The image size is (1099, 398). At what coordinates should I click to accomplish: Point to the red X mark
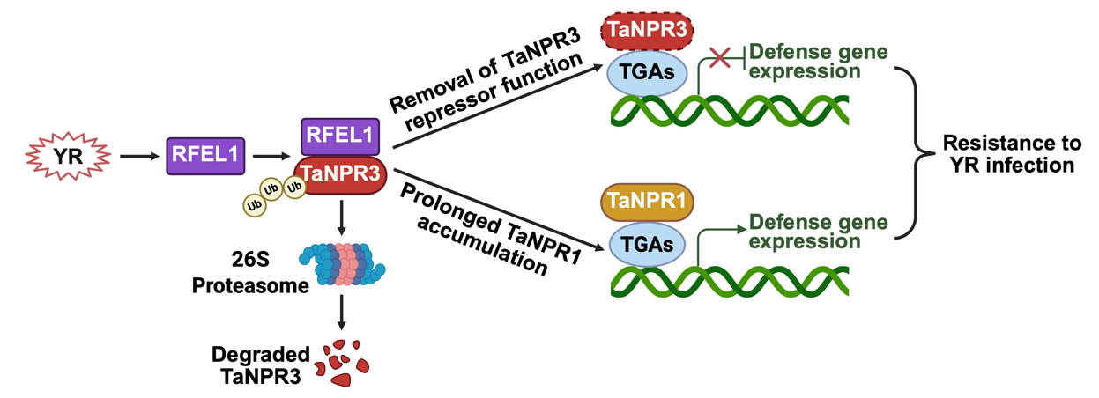(x=720, y=58)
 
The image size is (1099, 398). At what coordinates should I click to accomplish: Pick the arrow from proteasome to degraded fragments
(x=342, y=313)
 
